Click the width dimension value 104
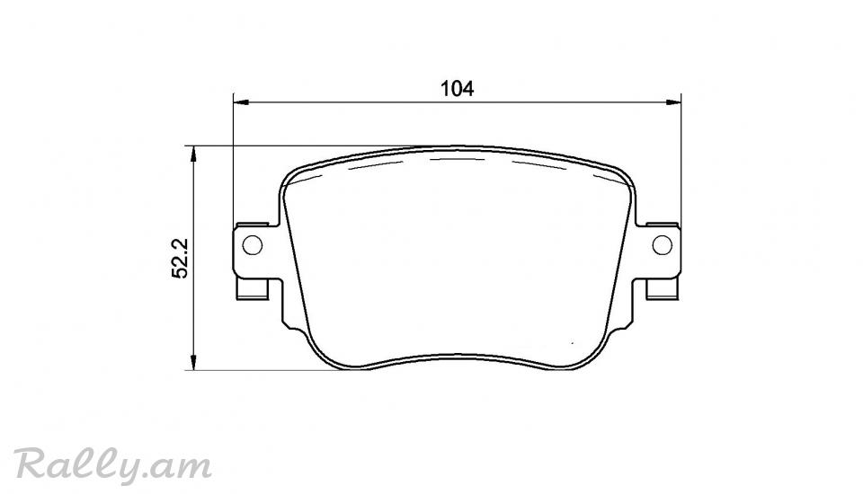coord(457,89)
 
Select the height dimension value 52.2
coord(181,258)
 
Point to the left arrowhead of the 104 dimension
coord(242,101)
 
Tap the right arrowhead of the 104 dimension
coord(673,101)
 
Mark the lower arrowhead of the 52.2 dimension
coord(192,362)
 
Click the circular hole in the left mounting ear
coord(252,245)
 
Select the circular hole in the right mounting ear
coord(663,245)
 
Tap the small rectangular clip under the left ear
coord(252,289)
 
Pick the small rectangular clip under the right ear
coord(663,289)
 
